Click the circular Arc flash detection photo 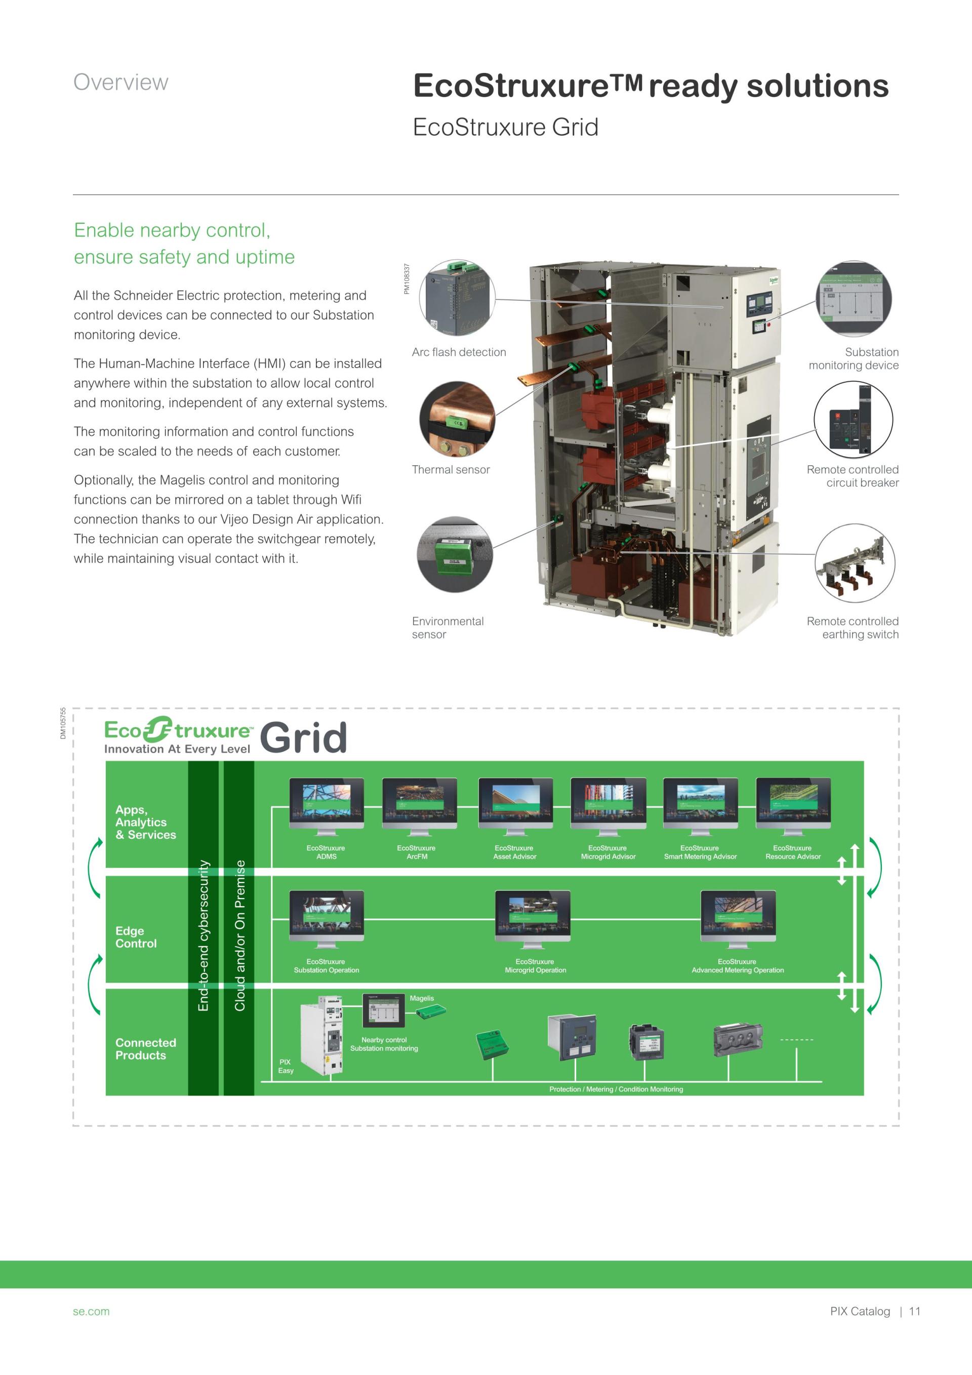point(458,298)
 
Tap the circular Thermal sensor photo point(458,419)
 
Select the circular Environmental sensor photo point(455,554)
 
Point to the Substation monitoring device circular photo point(854,298)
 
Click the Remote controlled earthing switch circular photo point(855,562)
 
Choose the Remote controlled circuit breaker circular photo point(853,419)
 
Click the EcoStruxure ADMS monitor point(327,803)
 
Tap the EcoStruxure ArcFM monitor point(419,803)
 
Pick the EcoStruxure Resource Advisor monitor point(793,803)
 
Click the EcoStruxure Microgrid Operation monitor point(533,916)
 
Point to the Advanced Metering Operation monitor point(738,916)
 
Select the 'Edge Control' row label point(136,937)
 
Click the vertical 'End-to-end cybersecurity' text point(204,935)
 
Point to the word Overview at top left point(121,82)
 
